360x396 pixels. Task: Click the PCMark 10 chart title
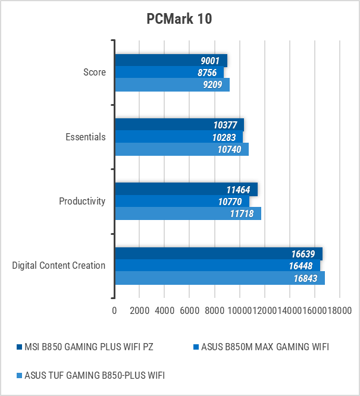click(x=179, y=19)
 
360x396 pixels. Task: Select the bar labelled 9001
click(x=171, y=61)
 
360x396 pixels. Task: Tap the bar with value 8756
click(x=169, y=73)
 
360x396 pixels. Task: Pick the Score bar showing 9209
click(x=172, y=84)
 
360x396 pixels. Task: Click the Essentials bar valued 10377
click(x=179, y=125)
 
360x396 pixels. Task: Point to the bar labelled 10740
click(x=181, y=149)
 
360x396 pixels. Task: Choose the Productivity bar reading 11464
click(x=186, y=189)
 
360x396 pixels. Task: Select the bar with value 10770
click(x=181, y=201)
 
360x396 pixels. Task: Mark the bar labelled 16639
click(x=218, y=253)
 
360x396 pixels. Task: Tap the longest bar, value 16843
click(x=220, y=278)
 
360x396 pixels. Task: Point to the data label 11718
click(x=243, y=213)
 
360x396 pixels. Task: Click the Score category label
click(x=95, y=73)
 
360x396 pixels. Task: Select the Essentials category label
click(x=85, y=137)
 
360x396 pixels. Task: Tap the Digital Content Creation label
click(x=59, y=265)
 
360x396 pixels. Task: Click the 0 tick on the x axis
click(x=114, y=310)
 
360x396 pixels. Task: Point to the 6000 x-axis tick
click(x=189, y=310)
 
